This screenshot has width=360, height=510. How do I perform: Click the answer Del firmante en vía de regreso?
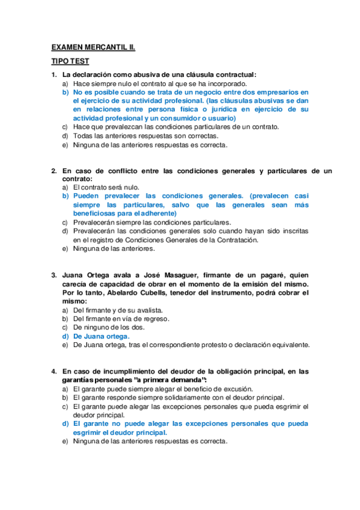[x=121, y=319]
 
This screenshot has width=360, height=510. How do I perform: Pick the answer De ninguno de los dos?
[x=108, y=328]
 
